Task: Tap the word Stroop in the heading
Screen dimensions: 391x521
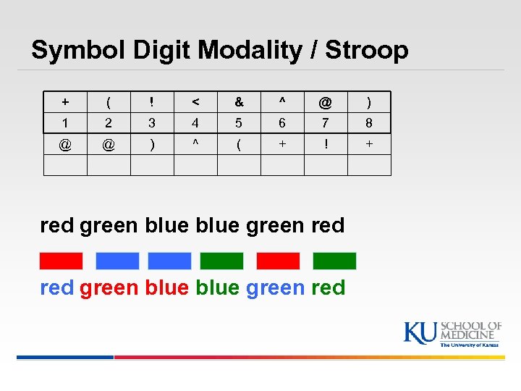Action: point(367,50)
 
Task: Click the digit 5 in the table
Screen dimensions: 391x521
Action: point(239,124)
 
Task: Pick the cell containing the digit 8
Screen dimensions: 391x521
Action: point(369,124)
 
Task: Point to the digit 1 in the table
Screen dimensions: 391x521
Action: point(65,124)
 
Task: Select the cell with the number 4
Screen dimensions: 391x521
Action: point(195,124)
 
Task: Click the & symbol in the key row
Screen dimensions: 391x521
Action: point(239,103)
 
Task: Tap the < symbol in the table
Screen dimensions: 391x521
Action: point(195,103)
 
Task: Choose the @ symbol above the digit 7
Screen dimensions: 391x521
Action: point(326,103)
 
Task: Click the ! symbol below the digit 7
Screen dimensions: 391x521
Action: point(326,144)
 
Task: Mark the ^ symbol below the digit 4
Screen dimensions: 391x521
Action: point(195,144)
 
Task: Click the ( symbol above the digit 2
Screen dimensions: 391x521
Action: point(109,103)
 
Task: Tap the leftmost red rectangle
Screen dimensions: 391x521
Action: point(61,261)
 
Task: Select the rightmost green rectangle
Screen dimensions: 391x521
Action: point(334,261)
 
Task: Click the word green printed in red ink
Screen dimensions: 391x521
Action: point(109,288)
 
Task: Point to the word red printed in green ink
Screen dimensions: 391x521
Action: point(328,287)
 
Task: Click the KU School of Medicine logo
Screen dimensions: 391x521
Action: point(452,334)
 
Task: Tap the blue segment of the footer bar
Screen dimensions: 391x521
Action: point(65,357)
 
